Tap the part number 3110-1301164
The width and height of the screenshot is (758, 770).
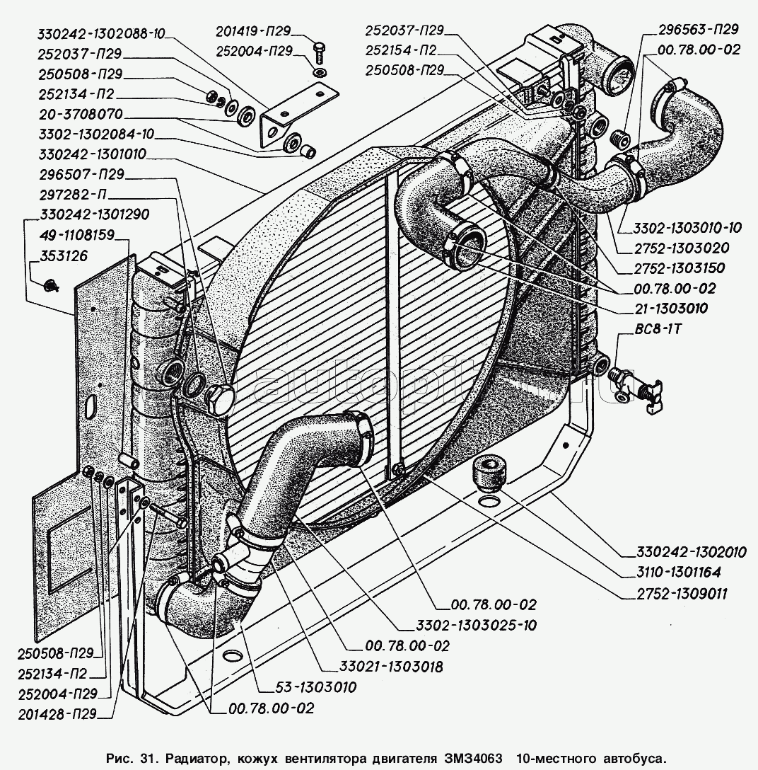click(671, 573)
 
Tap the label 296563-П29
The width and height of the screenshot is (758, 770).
click(697, 30)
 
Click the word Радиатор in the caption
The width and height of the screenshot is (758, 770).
click(196, 758)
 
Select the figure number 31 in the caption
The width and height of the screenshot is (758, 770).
click(148, 758)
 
